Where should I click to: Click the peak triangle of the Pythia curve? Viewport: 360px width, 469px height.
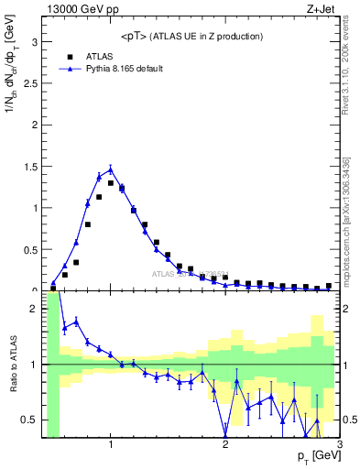tap(111, 169)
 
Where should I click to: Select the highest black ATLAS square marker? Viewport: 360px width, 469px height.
tap(111, 183)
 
